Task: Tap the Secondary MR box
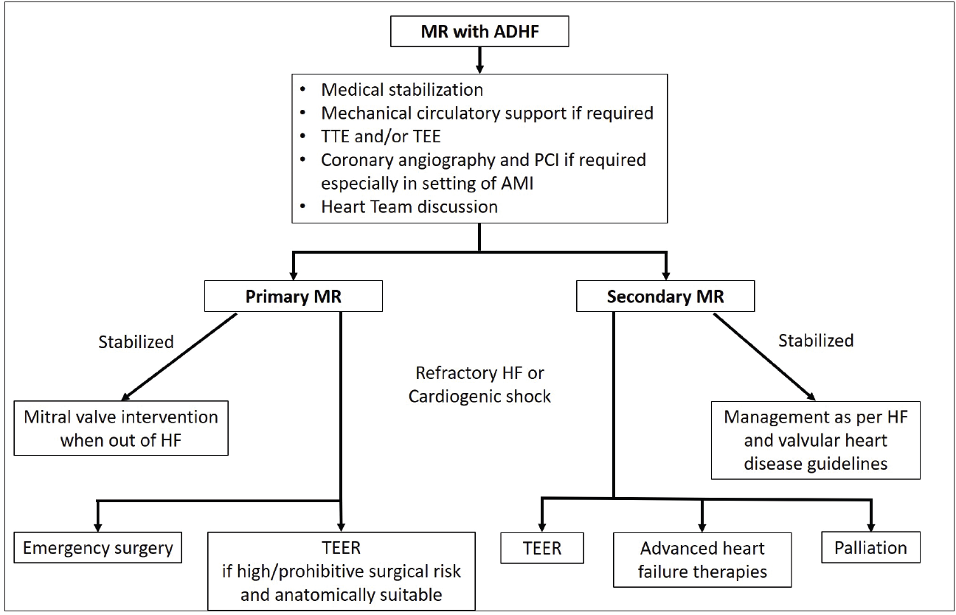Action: tap(665, 297)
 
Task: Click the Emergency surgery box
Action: tap(97, 548)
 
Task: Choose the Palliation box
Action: tap(870, 548)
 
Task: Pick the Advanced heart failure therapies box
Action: tap(702, 560)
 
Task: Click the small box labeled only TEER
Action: tap(541, 548)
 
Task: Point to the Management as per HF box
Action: tap(815, 440)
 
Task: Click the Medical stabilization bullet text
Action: tap(402, 90)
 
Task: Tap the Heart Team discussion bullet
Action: tap(409, 206)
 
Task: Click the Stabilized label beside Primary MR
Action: tap(136, 342)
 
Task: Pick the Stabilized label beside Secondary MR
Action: tap(816, 341)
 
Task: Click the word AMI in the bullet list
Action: tap(514, 184)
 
